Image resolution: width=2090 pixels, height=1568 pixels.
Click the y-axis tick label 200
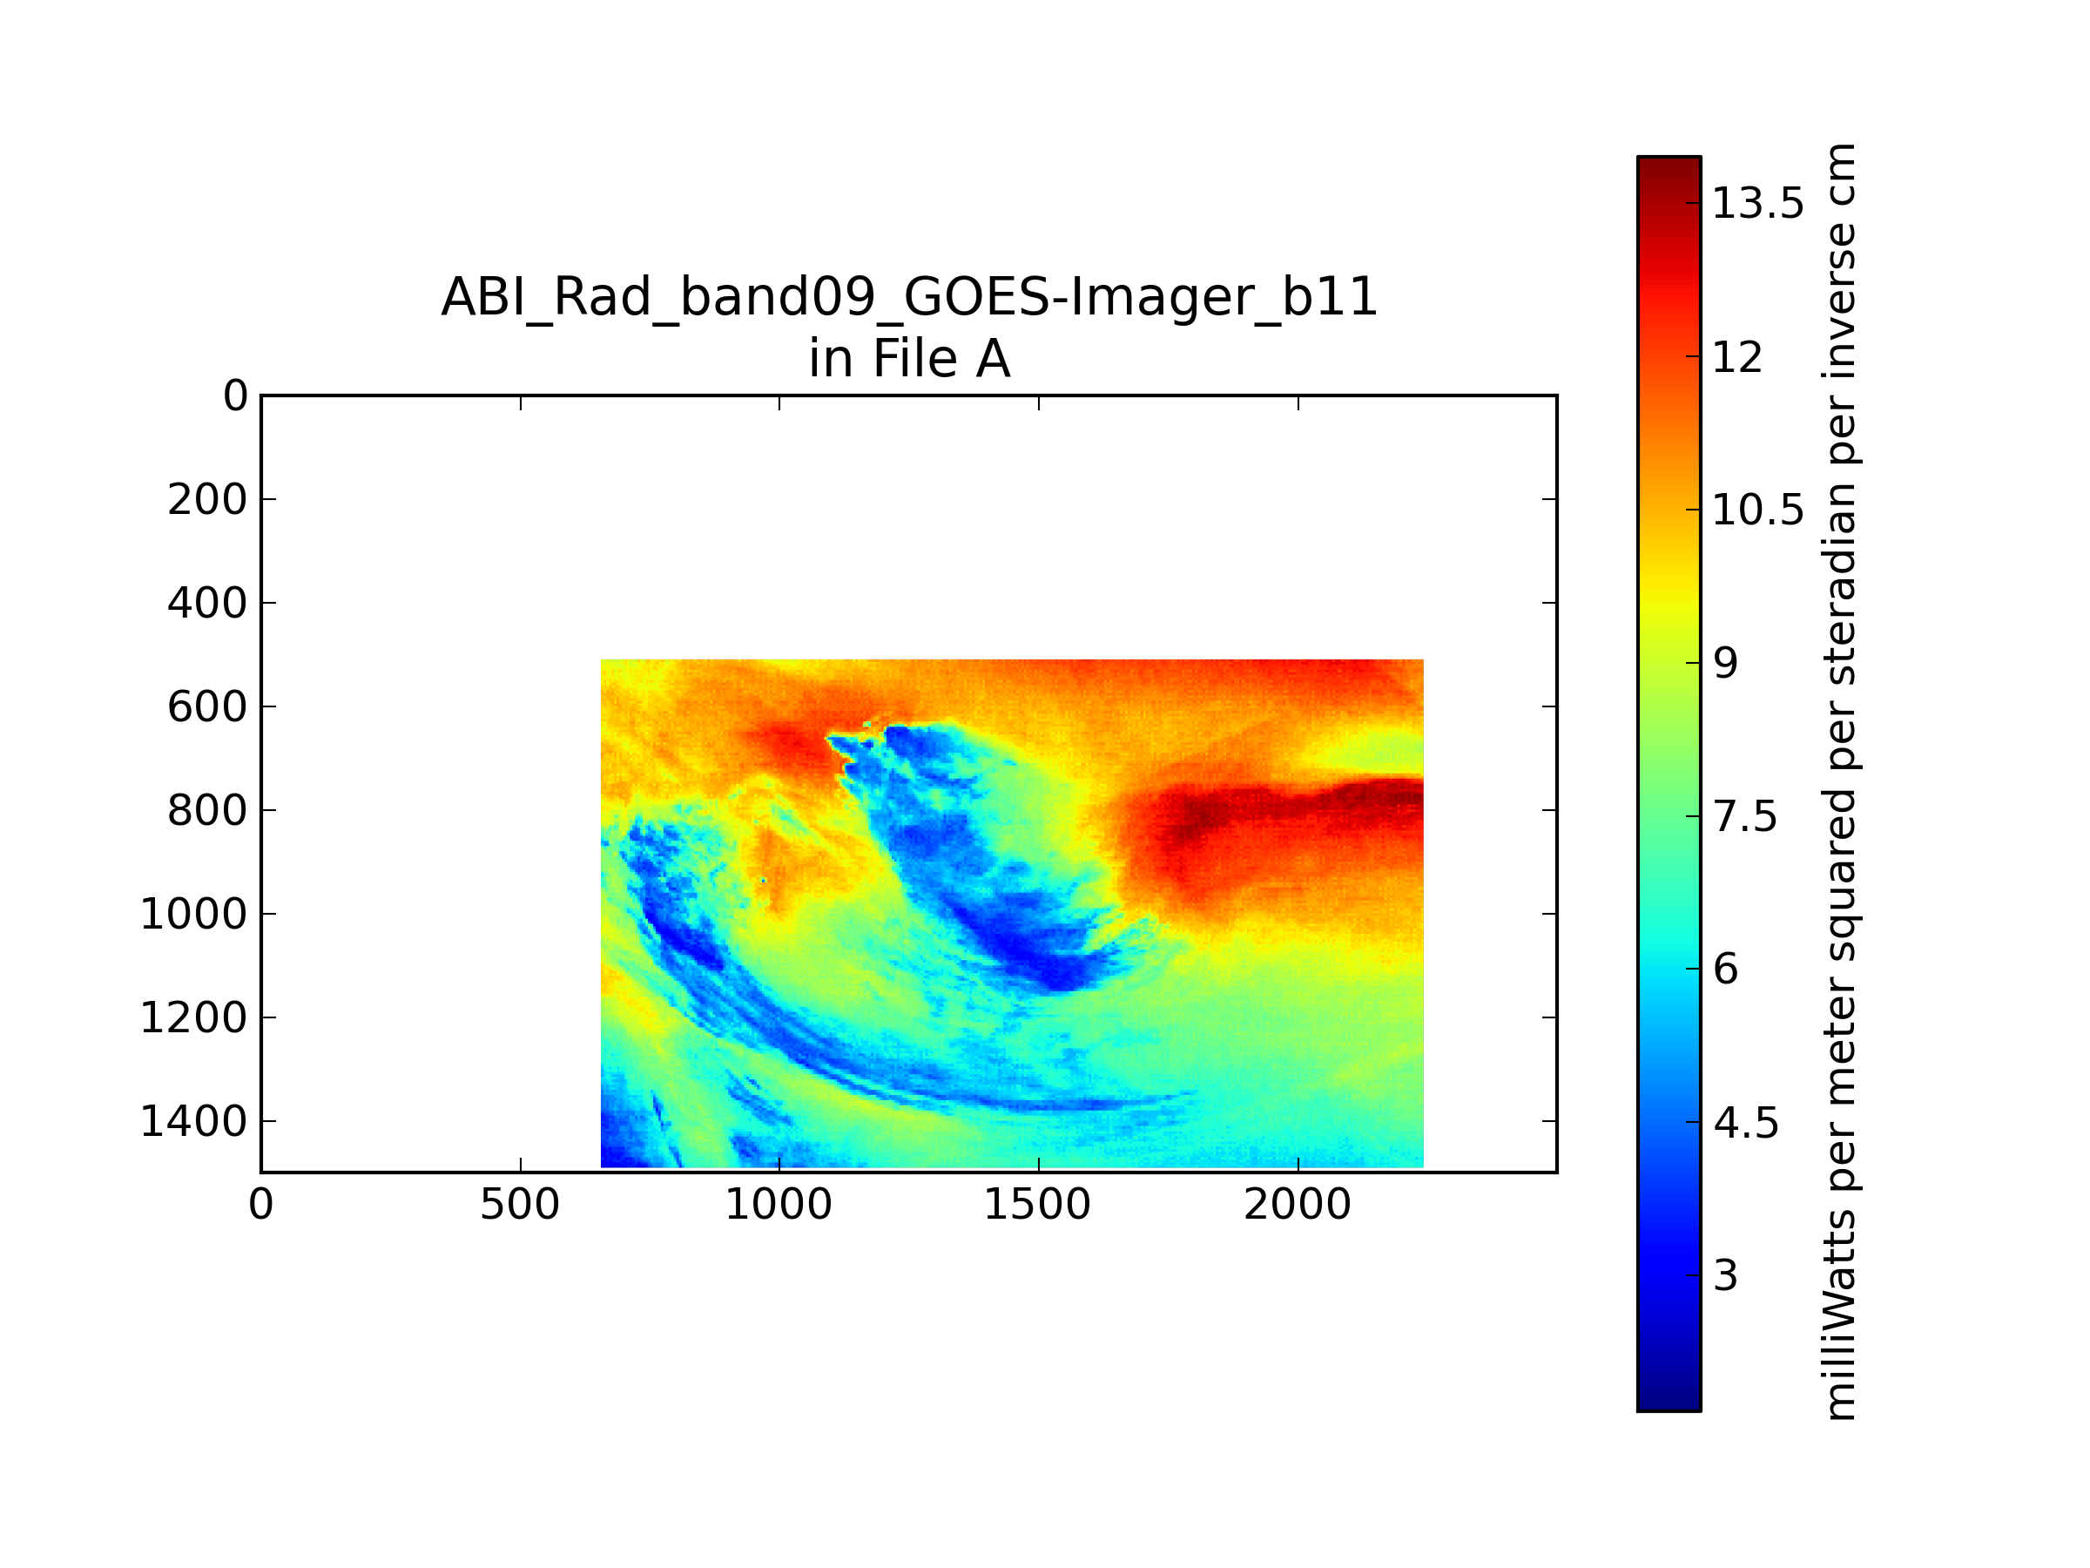[x=207, y=500]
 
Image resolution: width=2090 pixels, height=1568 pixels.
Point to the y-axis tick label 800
[x=207, y=811]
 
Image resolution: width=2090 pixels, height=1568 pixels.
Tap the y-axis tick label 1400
[x=193, y=1122]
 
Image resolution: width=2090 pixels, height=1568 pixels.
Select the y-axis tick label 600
[x=207, y=707]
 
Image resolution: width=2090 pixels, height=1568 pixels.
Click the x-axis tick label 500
[x=520, y=1205]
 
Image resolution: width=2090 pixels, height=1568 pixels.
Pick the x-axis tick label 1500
[x=1037, y=1205]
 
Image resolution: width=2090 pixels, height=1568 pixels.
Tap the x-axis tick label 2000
[x=1298, y=1205]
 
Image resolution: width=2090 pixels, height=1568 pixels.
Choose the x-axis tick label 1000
[x=779, y=1205]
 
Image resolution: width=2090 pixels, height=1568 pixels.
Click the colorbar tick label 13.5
[x=1758, y=203]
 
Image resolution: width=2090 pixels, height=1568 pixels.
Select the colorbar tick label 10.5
[x=1758, y=510]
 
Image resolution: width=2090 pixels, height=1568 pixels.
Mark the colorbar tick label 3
[x=1726, y=1277]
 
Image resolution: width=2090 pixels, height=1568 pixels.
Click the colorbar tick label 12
[x=1738, y=357]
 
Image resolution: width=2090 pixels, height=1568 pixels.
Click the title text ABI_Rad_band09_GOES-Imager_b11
[x=910, y=297]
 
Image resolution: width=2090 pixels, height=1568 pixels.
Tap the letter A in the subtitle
[x=993, y=359]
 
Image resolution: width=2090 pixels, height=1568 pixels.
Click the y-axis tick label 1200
[x=193, y=1018]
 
